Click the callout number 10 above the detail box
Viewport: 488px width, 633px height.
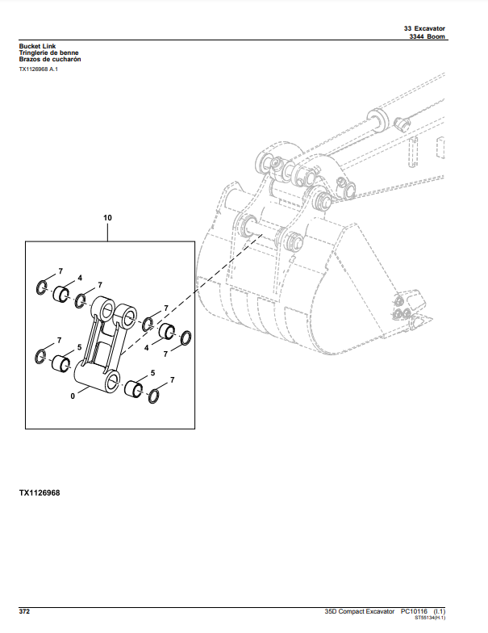tap(108, 218)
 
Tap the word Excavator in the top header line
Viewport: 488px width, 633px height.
tap(429, 28)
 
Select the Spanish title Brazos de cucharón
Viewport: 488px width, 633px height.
tap(50, 60)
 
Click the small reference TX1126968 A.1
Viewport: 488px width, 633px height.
tap(38, 70)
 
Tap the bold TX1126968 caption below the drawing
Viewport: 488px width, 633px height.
tap(40, 492)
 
